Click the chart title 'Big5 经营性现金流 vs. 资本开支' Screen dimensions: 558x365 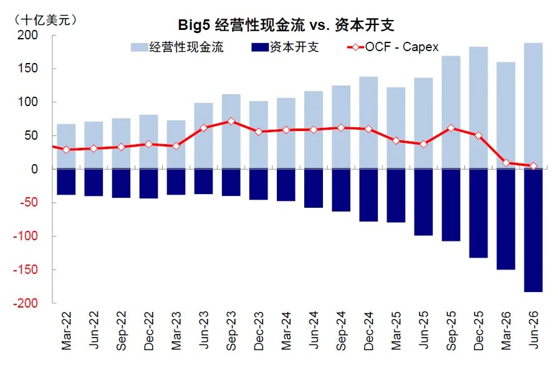(x=286, y=25)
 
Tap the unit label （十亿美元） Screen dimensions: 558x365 (x=45, y=19)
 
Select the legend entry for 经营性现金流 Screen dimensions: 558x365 (x=177, y=47)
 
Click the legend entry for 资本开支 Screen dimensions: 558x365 (x=285, y=47)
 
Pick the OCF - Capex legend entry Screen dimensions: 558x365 (x=393, y=47)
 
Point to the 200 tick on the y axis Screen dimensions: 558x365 (x=27, y=35)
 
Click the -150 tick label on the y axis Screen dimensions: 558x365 (x=26, y=270)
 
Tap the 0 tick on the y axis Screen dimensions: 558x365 (x=34, y=169)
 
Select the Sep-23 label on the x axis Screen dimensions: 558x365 (x=231, y=331)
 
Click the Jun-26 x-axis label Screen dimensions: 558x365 (x=534, y=329)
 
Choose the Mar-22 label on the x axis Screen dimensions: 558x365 (x=66, y=331)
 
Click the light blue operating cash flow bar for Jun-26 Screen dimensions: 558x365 (x=534, y=106)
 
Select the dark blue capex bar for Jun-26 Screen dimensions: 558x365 (x=534, y=230)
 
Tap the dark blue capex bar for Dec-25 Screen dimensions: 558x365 (x=478, y=213)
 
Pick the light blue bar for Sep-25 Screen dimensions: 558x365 (x=451, y=112)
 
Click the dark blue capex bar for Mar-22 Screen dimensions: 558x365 (x=66, y=182)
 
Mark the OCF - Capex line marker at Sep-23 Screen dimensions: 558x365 (x=231, y=122)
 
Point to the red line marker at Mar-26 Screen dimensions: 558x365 (x=506, y=163)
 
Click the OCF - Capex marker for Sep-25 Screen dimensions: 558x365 (x=451, y=128)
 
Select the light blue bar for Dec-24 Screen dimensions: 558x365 (x=368, y=123)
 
